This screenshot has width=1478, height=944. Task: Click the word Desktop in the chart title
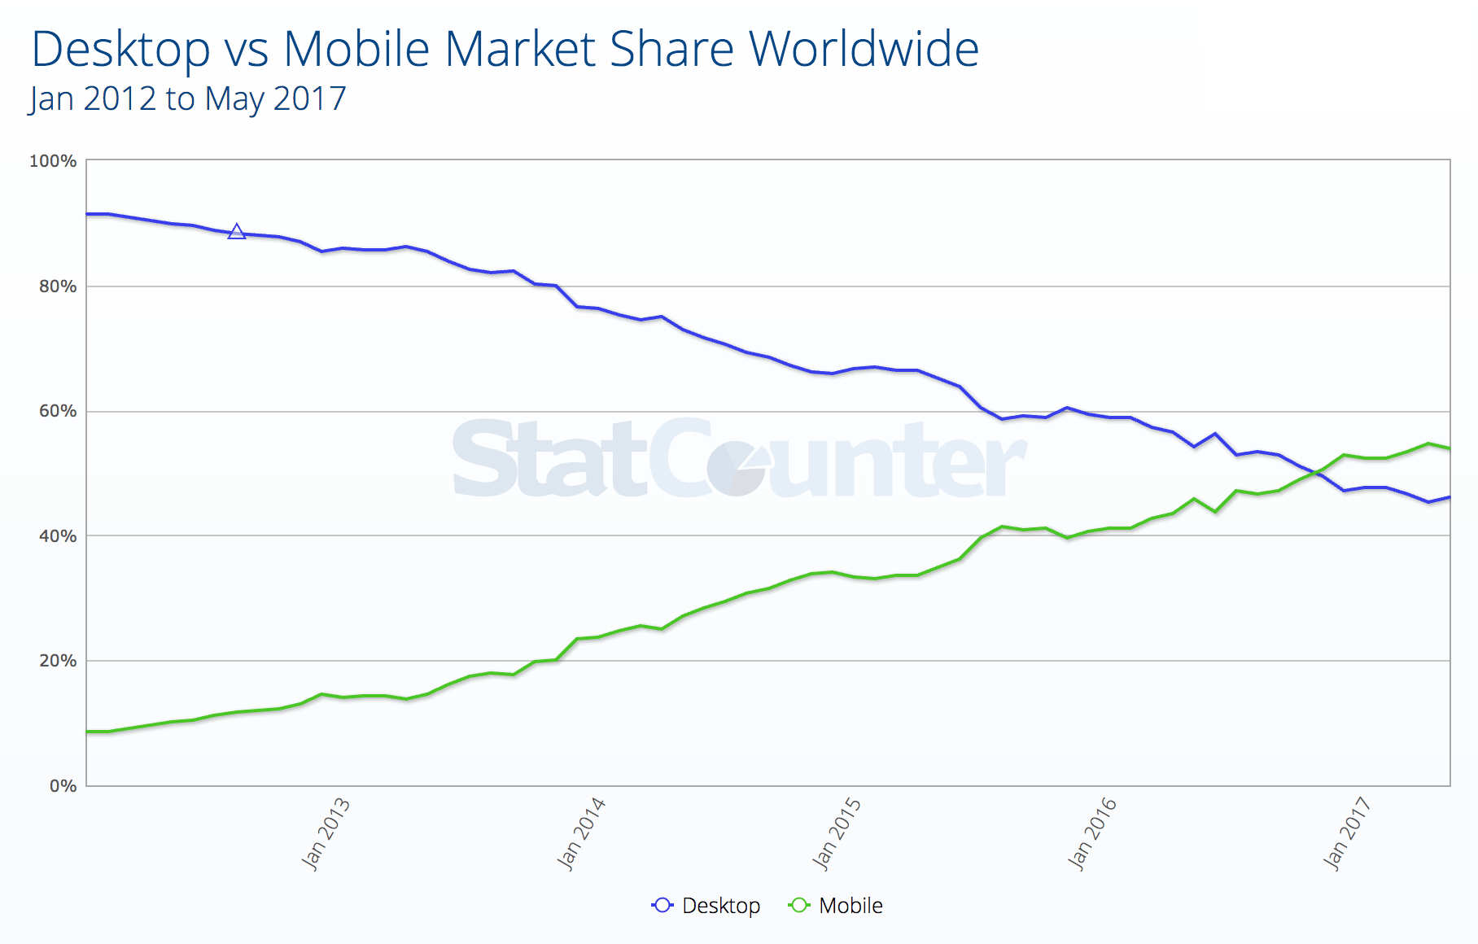click(x=120, y=50)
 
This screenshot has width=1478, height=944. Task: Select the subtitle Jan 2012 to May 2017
click(x=188, y=99)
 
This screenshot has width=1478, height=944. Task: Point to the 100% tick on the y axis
click(x=53, y=161)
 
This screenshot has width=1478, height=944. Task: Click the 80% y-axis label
click(x=57, y=286)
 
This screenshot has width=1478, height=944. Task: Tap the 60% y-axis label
click(x=57, y=411)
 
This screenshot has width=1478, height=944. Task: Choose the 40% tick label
click(x=57, y=536)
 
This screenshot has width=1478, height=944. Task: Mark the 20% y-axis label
click(x=57, y=661)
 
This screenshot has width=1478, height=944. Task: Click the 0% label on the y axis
click(x=63, y=786)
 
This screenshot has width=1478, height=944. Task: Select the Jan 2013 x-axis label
click(x=326, y=834)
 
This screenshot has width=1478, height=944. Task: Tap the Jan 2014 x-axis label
click(x=581, y=834)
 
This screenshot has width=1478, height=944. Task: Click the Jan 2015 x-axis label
click(x=837, y=834)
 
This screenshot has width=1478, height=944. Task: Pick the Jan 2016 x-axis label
click(x=1092, y=834)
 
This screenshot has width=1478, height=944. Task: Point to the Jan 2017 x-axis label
click(x=1348, y=834)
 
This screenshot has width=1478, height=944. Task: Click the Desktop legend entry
click(x=706, y=906)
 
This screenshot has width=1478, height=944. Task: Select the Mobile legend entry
click(x=836, y=906)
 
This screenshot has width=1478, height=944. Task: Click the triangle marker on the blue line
click(x=236, y=232)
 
